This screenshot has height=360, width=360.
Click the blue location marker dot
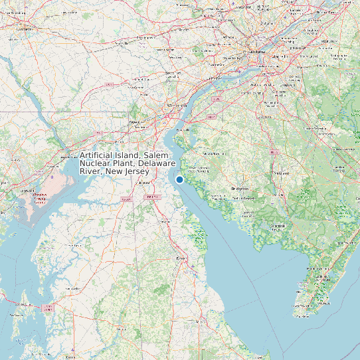click(x=179, y=179)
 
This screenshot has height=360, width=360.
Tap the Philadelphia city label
click(x=254, y=50)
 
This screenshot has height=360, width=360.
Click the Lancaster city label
click(x=25, y=30)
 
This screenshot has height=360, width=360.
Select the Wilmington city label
click(x=177, y=105)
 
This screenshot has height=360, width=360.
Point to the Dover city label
click(x=179, y=258)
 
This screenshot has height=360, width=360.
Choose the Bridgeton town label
click(x=240, y=189)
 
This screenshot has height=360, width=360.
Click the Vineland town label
click(x=281, y=174)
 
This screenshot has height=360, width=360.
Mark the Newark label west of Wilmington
click(x=136, y=123)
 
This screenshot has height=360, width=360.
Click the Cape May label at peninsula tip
click(x=302, y=312)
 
